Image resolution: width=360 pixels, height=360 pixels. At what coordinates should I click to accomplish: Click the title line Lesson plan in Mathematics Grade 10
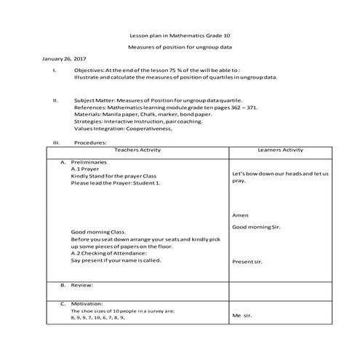(x=179, y=35)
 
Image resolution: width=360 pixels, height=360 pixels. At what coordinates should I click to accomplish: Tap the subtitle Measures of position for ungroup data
(x=179, y=47)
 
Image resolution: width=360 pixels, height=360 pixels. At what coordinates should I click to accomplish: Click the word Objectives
(x=89, y=69)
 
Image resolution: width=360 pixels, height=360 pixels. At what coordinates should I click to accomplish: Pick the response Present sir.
(x=247, y=261)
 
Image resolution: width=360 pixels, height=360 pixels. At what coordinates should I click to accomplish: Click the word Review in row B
(x=82, y=285)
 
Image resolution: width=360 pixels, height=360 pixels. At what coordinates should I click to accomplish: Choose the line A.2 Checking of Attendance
(x=109, y=252)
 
